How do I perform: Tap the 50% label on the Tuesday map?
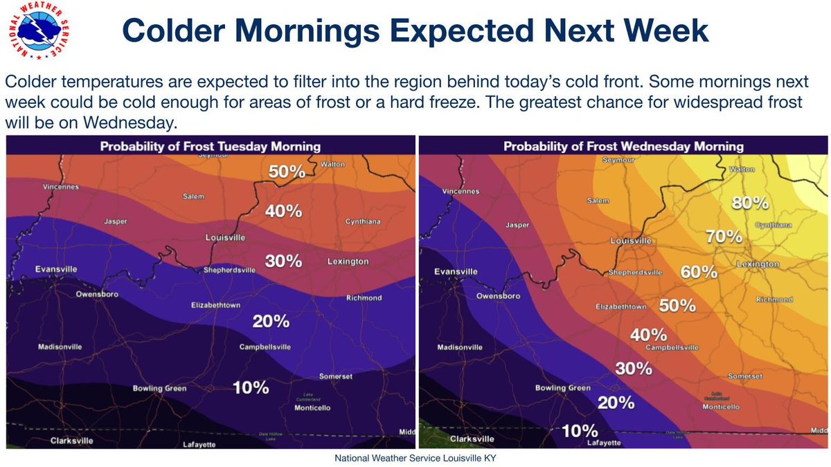click(x=287, y=172)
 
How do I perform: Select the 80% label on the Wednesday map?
click(x=750, y=203)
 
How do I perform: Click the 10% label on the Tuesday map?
click(x=251, y=387)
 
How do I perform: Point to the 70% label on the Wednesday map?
click(x=724, y=237)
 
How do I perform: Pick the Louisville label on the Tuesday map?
click(x=226, y=238)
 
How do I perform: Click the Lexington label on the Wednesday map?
click(x=758, y=264)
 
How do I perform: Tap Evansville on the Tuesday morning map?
click(x=57, y=268)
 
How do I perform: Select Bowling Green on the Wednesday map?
click(x=562, y=388)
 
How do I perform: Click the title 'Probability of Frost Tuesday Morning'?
click(x=210, y=147)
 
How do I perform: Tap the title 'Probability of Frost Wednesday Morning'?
click(x=623, y=147)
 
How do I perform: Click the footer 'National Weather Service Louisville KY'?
click(x=415, y=458)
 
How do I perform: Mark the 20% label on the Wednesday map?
click(x=616, y=402)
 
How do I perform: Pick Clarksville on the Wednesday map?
click(x=472, y=439)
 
